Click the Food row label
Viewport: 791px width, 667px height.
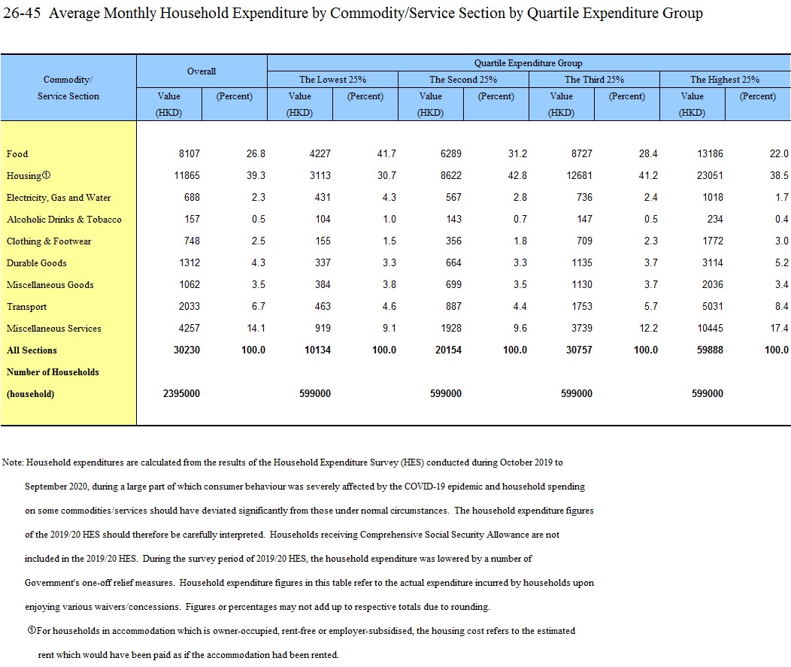click(17, 154)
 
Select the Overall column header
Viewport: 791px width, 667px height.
click(202, 71)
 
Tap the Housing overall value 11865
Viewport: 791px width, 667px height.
click(185, 176)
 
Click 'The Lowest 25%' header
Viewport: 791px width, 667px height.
click(332, 80)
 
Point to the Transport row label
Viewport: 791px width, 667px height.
click(26, 307)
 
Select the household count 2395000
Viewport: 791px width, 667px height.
click(181, 394)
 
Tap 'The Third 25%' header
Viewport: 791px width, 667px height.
click(594, 80)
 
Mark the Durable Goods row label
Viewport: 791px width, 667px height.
click(37, 263)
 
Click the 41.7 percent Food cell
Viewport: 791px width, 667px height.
click(386, 154)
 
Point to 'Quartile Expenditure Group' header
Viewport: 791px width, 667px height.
click(528, 63)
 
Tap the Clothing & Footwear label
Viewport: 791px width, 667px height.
click(49, 241)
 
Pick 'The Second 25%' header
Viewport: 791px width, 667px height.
click(463, 80)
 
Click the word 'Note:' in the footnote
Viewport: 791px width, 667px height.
click(14, 462)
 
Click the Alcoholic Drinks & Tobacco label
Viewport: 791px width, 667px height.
click(64, 220)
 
